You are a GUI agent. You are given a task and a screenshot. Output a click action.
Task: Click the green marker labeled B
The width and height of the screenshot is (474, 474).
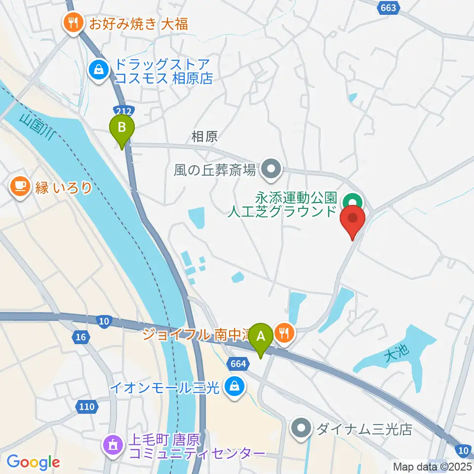(122, 129)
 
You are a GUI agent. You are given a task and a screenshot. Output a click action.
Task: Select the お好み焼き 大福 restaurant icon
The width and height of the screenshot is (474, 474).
(73, 23)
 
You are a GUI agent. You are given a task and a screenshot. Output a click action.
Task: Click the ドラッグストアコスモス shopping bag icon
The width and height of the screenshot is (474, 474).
(99, 70)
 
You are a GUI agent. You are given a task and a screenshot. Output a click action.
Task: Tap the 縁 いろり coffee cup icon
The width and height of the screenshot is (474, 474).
(19, 187)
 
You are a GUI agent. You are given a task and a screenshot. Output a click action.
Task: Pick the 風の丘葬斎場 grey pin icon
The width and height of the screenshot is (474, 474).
(271, 170)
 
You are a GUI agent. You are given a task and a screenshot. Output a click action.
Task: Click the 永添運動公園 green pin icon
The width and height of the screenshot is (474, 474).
(353, 201)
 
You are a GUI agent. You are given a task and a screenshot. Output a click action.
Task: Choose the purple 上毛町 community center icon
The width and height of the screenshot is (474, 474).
(112, 445)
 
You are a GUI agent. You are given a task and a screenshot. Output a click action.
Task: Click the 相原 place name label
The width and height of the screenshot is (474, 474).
(204, 137)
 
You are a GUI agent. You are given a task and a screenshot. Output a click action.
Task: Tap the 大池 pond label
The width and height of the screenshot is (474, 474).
(396, 352)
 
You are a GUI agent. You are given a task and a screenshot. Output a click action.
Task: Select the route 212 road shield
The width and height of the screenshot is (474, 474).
(120, 110)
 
